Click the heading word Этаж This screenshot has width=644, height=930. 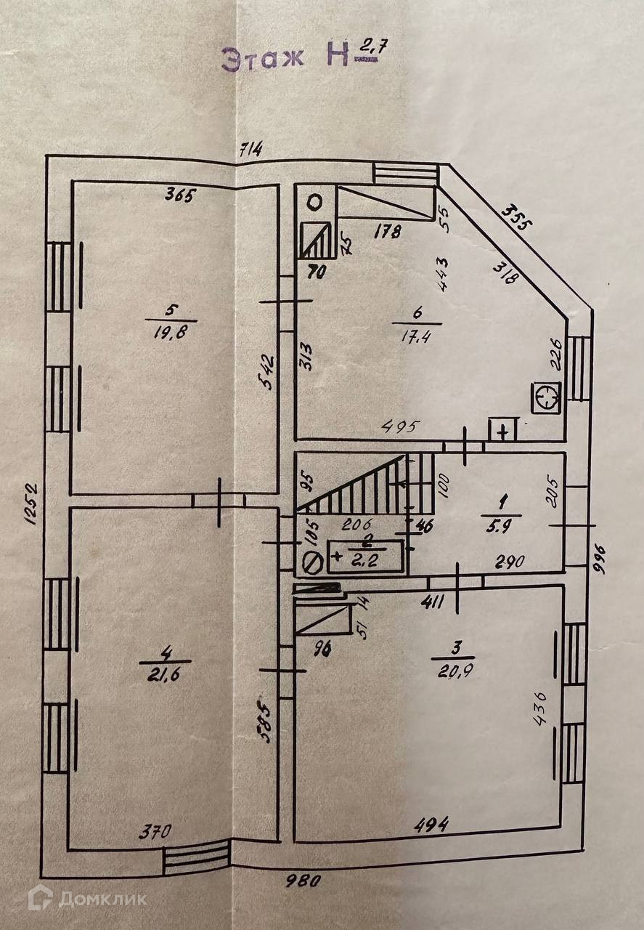(262, 58)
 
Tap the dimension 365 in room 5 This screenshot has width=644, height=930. (182, 195)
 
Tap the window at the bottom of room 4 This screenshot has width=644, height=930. (196, 861)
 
